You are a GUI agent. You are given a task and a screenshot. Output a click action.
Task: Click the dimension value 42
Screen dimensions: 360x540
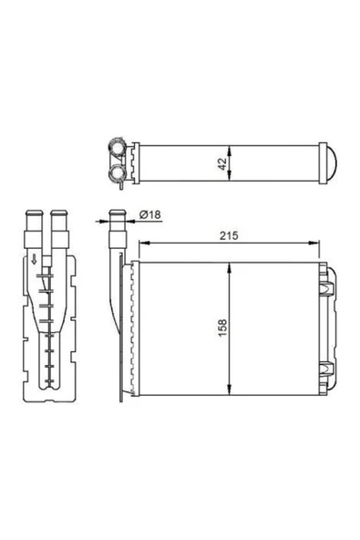(222, 163)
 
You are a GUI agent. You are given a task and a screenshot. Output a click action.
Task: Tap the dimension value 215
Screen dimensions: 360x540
(229, 236)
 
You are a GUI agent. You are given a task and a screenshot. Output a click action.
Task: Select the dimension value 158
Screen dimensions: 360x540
(222, 327)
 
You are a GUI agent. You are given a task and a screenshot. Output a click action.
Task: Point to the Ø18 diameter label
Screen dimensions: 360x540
(150, 214)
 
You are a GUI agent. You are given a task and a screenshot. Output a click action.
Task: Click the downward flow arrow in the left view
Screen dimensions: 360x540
(34, 259)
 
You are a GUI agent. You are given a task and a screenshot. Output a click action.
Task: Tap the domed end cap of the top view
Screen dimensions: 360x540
(332, 162)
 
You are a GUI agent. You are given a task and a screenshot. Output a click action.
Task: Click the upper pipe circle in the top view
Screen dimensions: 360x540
(117, 147)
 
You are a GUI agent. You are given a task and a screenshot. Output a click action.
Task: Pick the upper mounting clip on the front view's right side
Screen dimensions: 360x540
(326, 288)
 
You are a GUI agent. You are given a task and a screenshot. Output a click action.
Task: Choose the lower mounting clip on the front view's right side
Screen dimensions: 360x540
(326, 369)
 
